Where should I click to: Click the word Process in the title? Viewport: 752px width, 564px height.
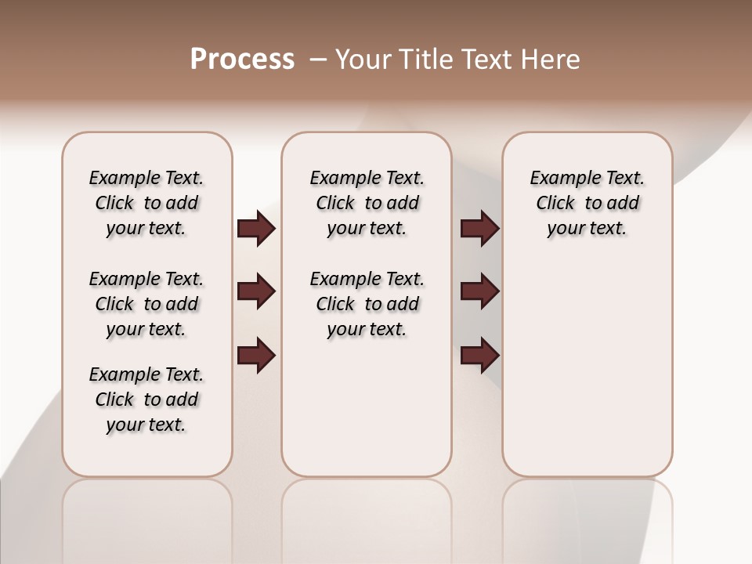tap(242, 60)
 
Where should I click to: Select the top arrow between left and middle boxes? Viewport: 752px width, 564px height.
tap(256, 228)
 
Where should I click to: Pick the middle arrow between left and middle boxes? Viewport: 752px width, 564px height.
tap(256, 291)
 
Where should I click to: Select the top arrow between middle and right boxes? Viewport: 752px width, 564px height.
tap(479, 228)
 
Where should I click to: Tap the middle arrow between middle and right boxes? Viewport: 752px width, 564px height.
tap(479, 291)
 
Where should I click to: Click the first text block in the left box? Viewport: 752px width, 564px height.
tap(146, 203)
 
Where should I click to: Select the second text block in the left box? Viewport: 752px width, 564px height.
tap(146, 304)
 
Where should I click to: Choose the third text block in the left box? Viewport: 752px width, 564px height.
tap(146, 399)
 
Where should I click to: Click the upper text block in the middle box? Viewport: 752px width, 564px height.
tap(367, 203)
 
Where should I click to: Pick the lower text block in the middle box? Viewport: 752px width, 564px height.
tap(367, 304)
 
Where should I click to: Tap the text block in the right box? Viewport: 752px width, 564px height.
tap(587, 203)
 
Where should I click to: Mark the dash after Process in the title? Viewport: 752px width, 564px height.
tap(318, 60)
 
